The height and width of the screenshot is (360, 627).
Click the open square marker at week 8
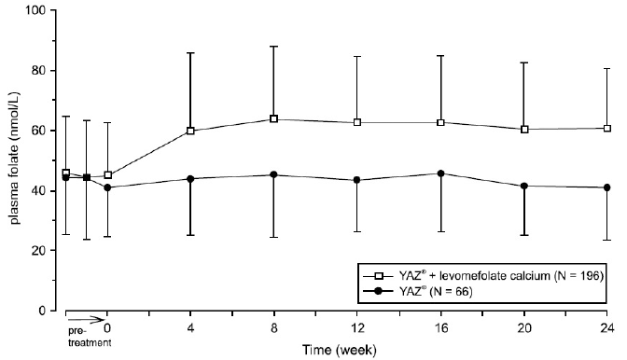(x=273, y=118)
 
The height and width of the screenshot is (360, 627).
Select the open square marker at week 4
(x=190, y=131)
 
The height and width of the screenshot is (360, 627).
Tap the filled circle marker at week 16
(x=440, y=173)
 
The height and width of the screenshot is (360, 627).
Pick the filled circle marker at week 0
(x=107, y=187)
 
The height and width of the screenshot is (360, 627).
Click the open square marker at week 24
(x=606, y=128)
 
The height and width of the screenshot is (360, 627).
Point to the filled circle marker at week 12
(x=356, y=180)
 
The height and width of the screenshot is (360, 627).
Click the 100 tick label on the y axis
(x=35, y=10)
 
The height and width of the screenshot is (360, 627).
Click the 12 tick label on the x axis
(x=356, y=328)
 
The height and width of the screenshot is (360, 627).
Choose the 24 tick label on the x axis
(x=606, y=328)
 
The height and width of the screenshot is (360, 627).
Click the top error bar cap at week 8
(x=273, y=46)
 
